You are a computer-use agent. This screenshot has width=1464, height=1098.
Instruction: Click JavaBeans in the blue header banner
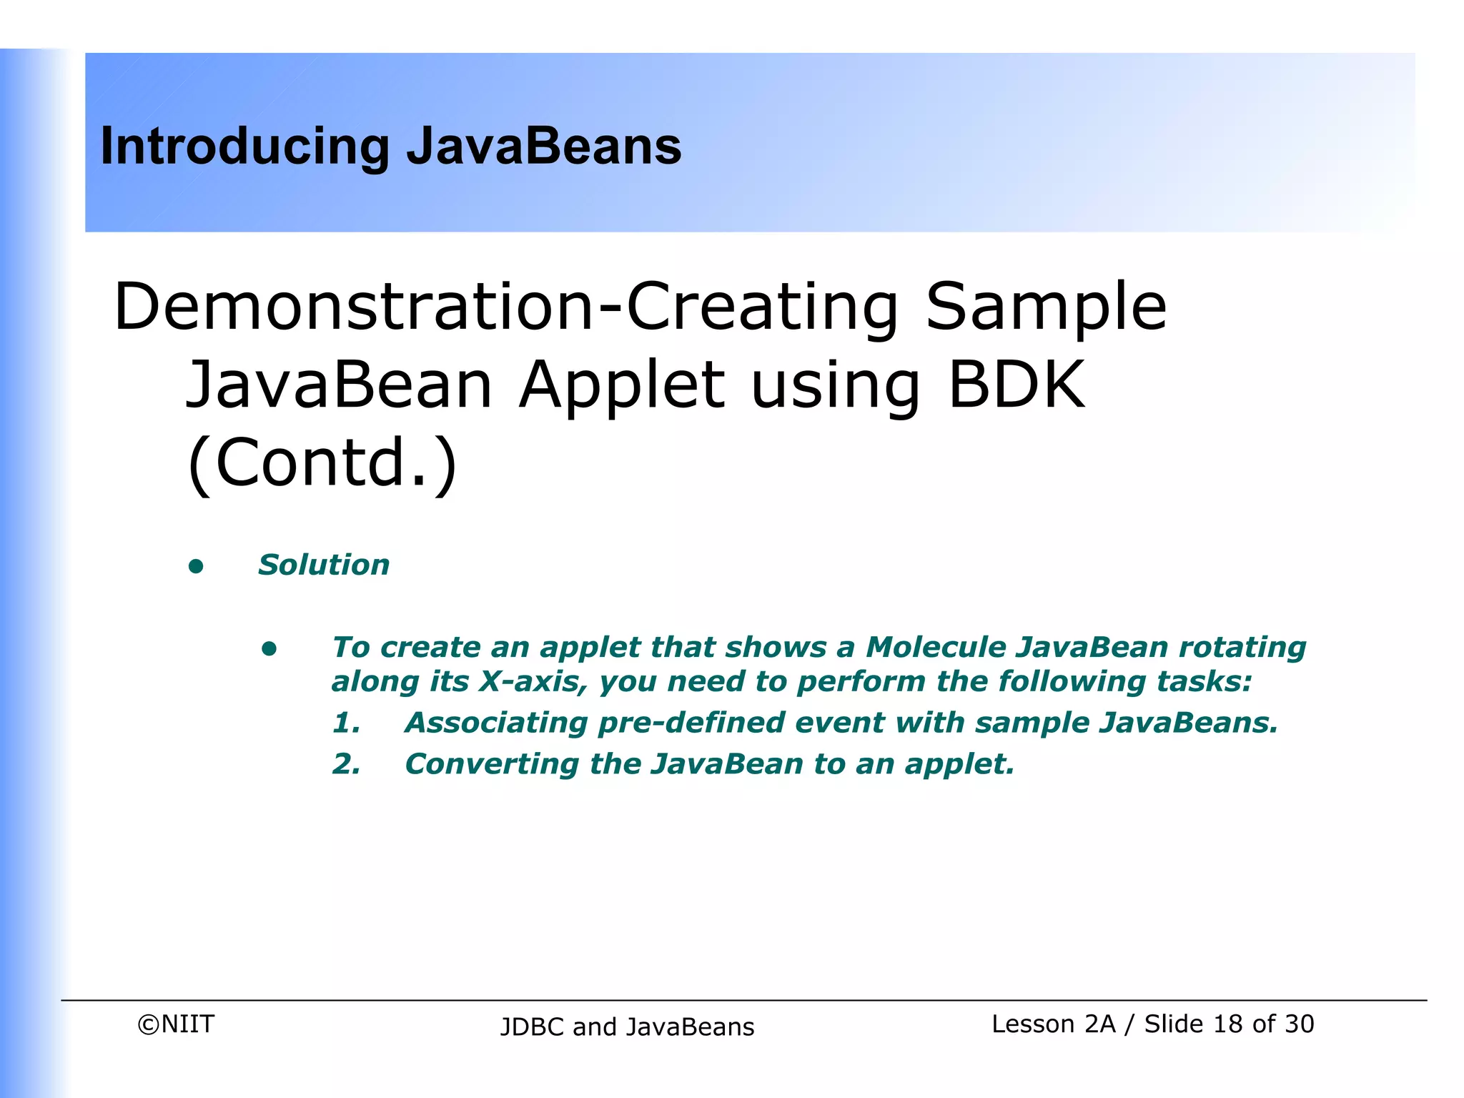tap(543, 146)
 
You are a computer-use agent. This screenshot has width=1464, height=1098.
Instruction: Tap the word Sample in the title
tap(1046, 307)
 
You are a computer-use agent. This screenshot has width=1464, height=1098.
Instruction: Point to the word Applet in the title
tap(622, 386)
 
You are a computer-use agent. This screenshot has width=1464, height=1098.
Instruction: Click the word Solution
tap(324, 565)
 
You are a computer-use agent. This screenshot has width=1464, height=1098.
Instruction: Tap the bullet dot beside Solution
tap(196, 567)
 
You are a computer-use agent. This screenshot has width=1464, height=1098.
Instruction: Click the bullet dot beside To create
tap(269, 649)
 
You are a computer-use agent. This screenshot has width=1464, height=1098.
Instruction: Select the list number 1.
tap(345, 723)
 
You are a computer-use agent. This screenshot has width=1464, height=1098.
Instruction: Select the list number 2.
tap(346, 764)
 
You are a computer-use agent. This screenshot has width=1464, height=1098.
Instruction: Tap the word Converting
tap(492, 764)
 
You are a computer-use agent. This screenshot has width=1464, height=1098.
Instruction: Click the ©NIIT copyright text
tap(176, 1024)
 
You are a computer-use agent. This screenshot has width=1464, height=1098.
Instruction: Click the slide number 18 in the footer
tap(1227, 1024)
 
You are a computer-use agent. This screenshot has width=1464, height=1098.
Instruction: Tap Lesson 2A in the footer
tap(1053, 1024)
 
